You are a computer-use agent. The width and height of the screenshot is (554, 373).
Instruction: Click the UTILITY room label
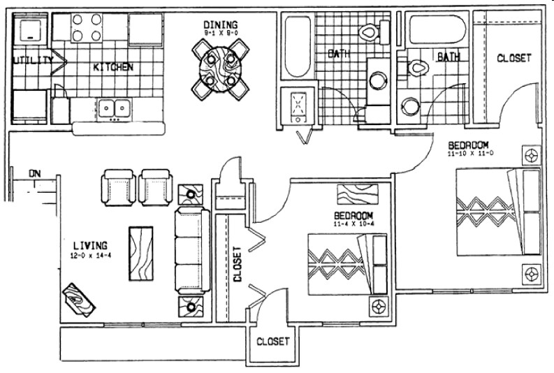tap(32, 61)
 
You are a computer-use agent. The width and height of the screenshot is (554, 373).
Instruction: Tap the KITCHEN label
tap(113, 68)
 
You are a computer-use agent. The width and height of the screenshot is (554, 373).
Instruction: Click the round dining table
tap(221, 64)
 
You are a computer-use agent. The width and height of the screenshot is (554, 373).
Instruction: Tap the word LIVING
tap(89, 245)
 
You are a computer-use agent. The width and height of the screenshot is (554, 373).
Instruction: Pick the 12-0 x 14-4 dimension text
tap(90, 256)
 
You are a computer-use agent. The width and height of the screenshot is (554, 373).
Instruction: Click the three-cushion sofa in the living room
tap(191, 249)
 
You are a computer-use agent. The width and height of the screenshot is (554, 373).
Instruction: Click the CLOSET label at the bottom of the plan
tap(272, 342)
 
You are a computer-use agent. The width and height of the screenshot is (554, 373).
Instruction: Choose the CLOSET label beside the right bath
tap(513, 59)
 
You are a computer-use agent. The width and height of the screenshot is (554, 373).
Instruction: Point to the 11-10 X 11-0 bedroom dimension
tap(474, 152)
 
